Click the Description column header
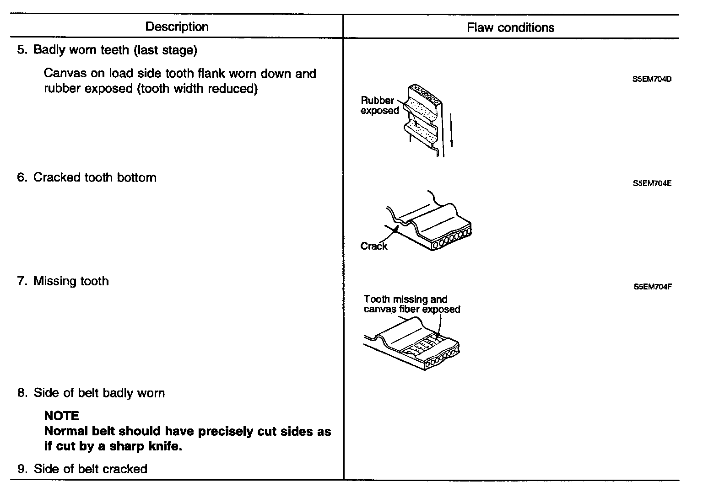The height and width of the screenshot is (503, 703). point(177,27)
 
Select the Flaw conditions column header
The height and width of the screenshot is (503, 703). point(510,27)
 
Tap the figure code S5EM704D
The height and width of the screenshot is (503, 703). point(652,79)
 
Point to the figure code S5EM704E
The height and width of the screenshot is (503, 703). point(652,183)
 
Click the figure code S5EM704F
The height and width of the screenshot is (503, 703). point(653,287)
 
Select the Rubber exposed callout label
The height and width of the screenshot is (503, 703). point(379,105)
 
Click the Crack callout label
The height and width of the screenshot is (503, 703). point(373,246)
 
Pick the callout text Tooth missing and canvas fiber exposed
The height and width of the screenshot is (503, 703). point(411,305)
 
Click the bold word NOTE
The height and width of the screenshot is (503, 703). point(62,416)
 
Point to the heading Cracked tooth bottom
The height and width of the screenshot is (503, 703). point(95,177)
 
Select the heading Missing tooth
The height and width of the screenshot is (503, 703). point(71,281)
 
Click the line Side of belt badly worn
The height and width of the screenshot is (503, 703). point(99,393)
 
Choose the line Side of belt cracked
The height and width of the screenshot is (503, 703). point(90,469)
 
